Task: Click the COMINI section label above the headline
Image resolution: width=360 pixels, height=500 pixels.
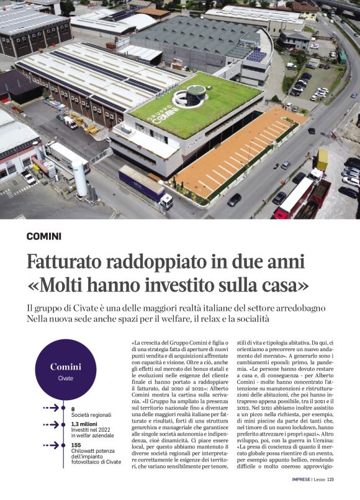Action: [x=44, y=236]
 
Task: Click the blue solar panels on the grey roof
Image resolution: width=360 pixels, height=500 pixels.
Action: [x=256, y=55]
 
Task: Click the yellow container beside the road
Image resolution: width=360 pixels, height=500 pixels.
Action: [x=322, y=159]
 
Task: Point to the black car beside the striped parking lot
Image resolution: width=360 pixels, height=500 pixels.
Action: [x=234, y=200]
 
